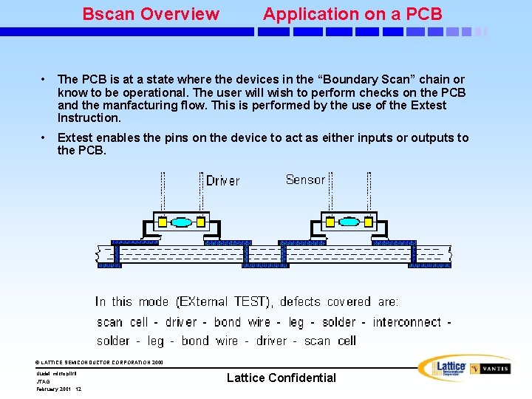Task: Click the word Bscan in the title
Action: point(106,14)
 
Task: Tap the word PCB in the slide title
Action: point(425,14)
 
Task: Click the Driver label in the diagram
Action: point(222,181)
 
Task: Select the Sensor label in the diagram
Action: point(305,180)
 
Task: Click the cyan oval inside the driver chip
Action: point(181,222)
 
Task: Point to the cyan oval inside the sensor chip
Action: point(348,222)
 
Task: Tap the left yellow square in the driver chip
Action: point(163,222)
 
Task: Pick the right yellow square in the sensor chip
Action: point(367,222)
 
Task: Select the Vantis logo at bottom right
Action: point(490,368)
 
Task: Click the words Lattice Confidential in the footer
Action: point(281,378)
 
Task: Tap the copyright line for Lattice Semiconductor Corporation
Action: point(99,362)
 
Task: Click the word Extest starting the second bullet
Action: point(76,137)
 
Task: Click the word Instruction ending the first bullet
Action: point(89,118)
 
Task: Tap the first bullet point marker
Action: point(45,79)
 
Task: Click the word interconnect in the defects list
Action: point(407,322)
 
